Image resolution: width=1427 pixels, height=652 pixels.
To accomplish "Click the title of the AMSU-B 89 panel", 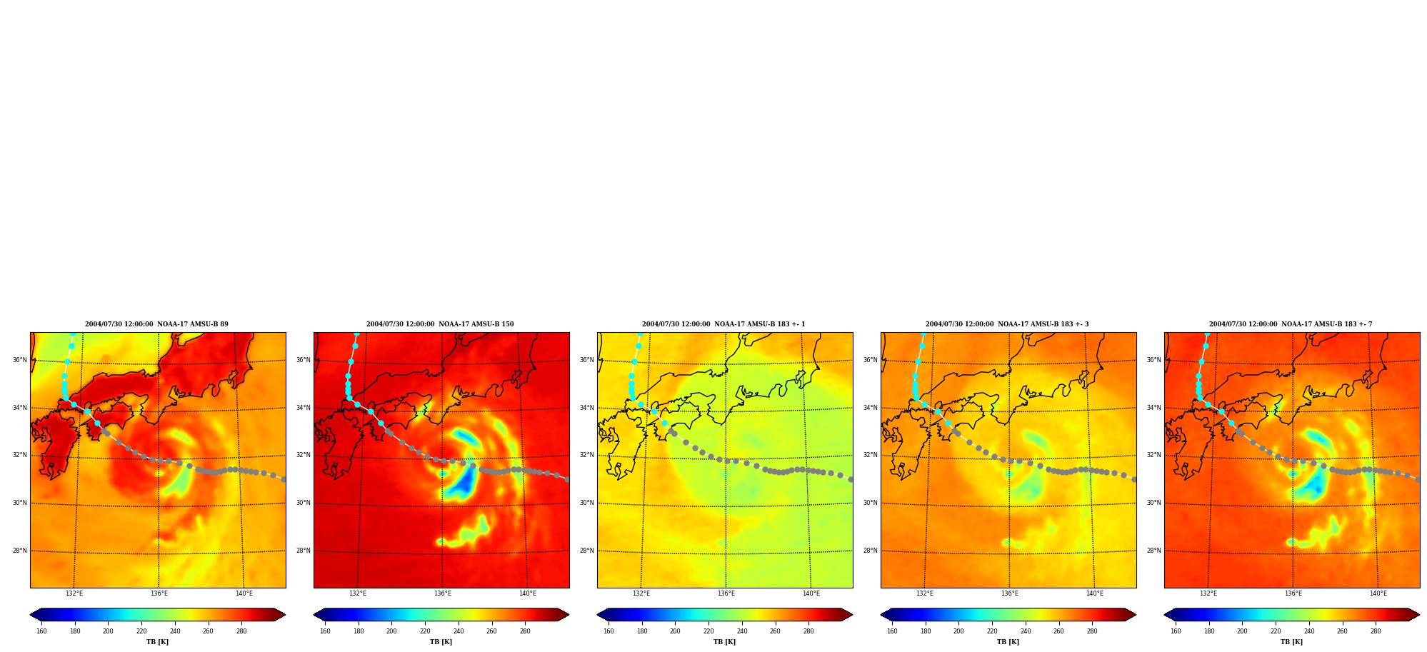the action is click(156, 324).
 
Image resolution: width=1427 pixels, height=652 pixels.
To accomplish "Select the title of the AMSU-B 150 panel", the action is click(440, 324).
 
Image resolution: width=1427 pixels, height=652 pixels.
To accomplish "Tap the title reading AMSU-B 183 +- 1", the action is click(723, 324).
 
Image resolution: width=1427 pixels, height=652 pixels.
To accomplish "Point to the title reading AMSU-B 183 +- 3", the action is click(1007, 324).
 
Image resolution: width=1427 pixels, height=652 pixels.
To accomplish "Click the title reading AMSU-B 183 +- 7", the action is click(1291, 324).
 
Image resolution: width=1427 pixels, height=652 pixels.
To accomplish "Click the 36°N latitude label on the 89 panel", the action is click(19, 360).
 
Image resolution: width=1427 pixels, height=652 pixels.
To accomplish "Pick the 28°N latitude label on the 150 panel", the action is click(303, 551).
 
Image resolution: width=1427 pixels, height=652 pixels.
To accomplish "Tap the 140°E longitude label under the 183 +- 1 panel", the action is click(811, 593).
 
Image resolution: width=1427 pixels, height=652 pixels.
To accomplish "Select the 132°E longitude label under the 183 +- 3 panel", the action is click(924, 593).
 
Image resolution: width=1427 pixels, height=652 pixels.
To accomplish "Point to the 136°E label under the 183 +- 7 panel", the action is click(1293, 593).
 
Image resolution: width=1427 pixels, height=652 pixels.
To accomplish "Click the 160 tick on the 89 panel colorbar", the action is click(41, 631).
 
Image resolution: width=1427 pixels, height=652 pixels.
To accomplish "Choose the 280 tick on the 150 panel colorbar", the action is click(525, 631).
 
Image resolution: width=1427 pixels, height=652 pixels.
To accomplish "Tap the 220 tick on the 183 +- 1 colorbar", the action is click(709, 631).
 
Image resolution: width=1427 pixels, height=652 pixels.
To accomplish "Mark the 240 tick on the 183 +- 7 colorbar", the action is click(1309, 631).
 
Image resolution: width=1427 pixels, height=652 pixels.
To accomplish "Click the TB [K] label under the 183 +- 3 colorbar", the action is click(1008, 642).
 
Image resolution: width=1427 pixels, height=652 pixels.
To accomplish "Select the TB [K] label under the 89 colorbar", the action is click(157, 642).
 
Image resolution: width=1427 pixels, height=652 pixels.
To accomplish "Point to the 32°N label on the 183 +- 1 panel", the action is click(586, 455).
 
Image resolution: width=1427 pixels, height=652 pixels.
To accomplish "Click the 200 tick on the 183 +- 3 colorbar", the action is click(958, 631).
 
